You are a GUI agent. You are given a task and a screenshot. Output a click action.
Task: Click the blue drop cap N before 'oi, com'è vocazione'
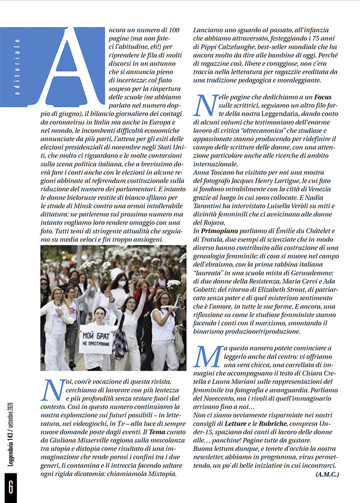[x=52, y=390]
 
